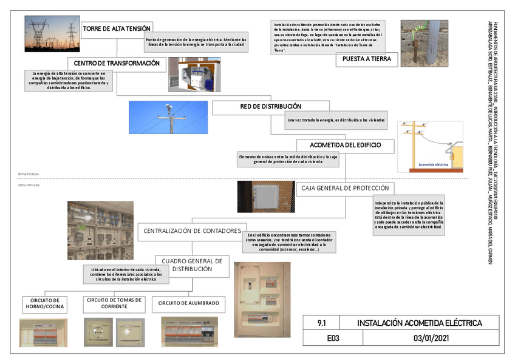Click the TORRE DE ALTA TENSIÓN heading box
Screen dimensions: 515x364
pos(117,29)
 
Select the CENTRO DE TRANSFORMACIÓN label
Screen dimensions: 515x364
pos(117,63)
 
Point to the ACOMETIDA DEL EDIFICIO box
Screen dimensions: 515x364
pos(345,146)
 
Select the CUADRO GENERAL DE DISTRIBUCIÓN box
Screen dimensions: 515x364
pos(192,265)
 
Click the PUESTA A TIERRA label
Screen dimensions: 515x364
pos(367,59)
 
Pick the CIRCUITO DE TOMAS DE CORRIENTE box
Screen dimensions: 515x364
pos(114,303)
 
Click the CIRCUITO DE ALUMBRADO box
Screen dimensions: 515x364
pos(188,303)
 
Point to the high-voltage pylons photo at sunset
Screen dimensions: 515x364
pos(52,34)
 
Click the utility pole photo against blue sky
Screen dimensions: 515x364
pos(169,117)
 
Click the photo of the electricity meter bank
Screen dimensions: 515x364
pos(101,230)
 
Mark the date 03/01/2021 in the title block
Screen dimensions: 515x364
pos(430,339)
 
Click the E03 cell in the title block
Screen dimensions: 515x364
pos(333,339)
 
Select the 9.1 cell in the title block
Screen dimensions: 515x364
pos(322,323)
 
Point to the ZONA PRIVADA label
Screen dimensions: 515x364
pos(29,184)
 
